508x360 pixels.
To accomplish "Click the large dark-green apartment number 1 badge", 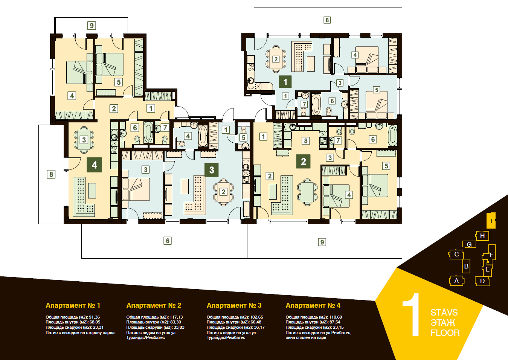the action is [285, 82].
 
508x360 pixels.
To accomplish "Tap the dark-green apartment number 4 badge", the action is [95, 165].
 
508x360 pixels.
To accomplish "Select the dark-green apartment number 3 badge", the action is [212, 170].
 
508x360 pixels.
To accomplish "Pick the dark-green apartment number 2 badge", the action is [304, 162].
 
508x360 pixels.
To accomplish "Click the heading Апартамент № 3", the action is [234, 305].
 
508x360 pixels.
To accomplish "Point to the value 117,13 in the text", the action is [176, 317].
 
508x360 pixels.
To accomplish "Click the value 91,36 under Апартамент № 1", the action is [95, 317].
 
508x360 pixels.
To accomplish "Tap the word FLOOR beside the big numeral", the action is [445, 333].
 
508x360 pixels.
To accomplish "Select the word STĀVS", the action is [444, 313].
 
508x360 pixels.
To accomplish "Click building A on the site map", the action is [457, 281].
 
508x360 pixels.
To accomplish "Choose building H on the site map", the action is [482, 236].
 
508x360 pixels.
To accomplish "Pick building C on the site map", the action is [456, 255].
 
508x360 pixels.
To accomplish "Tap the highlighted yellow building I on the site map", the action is [491, 221].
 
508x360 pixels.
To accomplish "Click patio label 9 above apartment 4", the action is [92, 25].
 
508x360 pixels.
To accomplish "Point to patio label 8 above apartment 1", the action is [327, 20].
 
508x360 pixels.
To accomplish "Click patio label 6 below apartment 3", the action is [168, 241].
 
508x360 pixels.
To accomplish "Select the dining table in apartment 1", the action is [276, 59].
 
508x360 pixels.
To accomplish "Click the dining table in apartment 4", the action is [84, 139].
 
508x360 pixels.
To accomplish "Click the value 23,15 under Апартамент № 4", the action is [338, 327].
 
